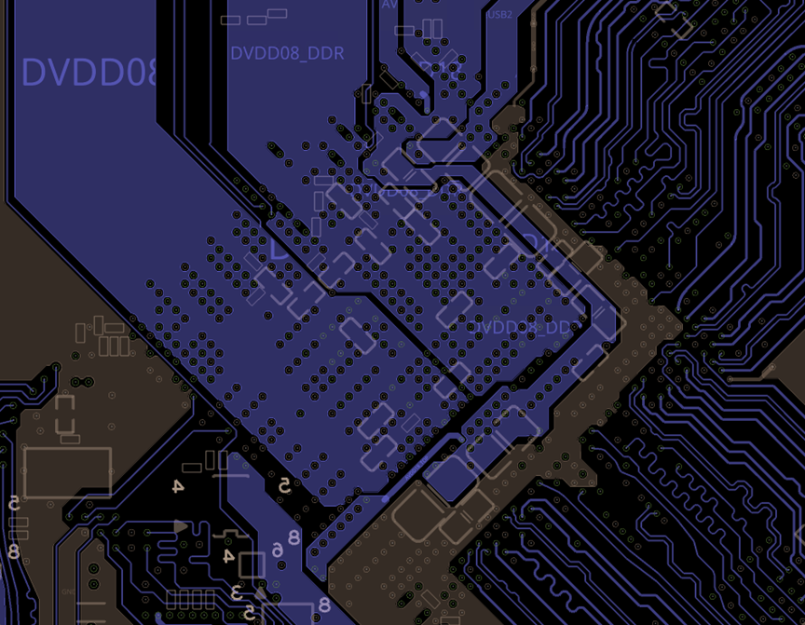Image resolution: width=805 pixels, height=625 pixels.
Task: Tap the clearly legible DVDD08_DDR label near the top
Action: pyautogui.click(x=287, y=53)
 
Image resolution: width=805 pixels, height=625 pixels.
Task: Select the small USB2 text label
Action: pyautogui.click(x=500, y=15)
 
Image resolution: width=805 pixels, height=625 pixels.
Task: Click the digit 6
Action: pyautogui.click(x=278, y=551)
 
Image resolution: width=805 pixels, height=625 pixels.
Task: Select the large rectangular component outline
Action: pyautogui.click(x=67, y=472)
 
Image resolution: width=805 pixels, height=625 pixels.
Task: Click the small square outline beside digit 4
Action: pyautogui.click(x=252, y=565)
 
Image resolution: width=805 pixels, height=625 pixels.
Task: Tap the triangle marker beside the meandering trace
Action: pyautogui.click(x=180, y=526)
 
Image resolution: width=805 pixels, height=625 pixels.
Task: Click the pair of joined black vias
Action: pyautogui.click(x=82, y=382)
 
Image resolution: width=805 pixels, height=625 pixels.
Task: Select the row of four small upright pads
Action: pyautogui.click(x=191, y=599)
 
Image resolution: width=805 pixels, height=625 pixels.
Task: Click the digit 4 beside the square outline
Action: pyautogui.click(x=228, y=556)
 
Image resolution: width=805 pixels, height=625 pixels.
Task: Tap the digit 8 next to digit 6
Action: pyautogui.click(x=293, y=537)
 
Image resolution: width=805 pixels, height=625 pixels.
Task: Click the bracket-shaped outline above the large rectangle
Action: pyautogui.click(x=64, y=414)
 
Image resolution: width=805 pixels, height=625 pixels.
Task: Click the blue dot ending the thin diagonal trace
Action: pyautogui.click(x=386, y=498)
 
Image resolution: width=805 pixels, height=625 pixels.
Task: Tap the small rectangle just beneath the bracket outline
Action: pyautogui.click(x=70, y=440)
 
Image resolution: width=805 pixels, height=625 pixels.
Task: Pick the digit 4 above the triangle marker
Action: pyautogui.click(x=177, y=486)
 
